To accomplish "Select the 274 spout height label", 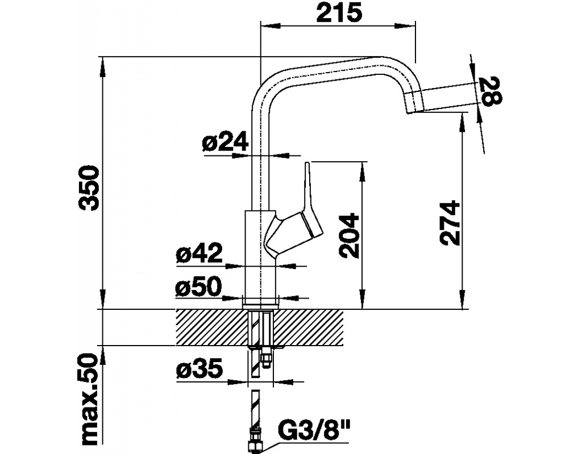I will [450, 222].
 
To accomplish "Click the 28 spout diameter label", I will [490, 90].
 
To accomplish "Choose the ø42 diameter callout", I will [198, 254].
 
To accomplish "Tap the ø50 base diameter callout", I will [198, 288].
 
